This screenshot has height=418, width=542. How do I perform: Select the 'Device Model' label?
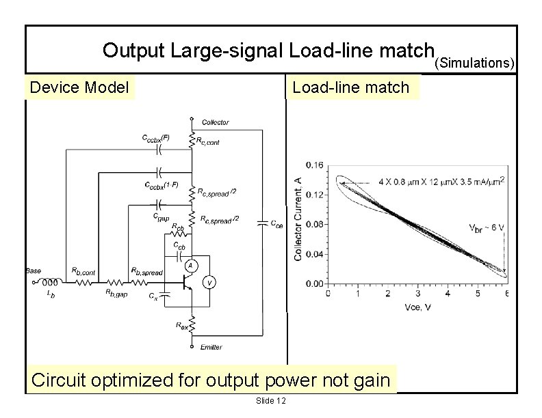pos(79,87)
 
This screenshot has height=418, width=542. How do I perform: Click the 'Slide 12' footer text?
pos(270,400)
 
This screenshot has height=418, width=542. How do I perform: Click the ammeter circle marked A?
pos(194,265)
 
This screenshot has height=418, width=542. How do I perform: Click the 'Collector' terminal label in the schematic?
pos(215,122)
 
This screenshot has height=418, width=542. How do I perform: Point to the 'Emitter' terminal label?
pos(211,347)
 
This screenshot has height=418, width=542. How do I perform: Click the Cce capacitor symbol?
pos(261,222)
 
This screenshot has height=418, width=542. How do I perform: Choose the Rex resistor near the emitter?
pos(193,322)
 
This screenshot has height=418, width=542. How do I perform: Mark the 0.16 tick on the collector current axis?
pos(315,165)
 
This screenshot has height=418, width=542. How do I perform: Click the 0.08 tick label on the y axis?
pos(315,224)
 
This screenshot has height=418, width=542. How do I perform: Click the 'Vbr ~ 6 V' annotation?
pos(487,227)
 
